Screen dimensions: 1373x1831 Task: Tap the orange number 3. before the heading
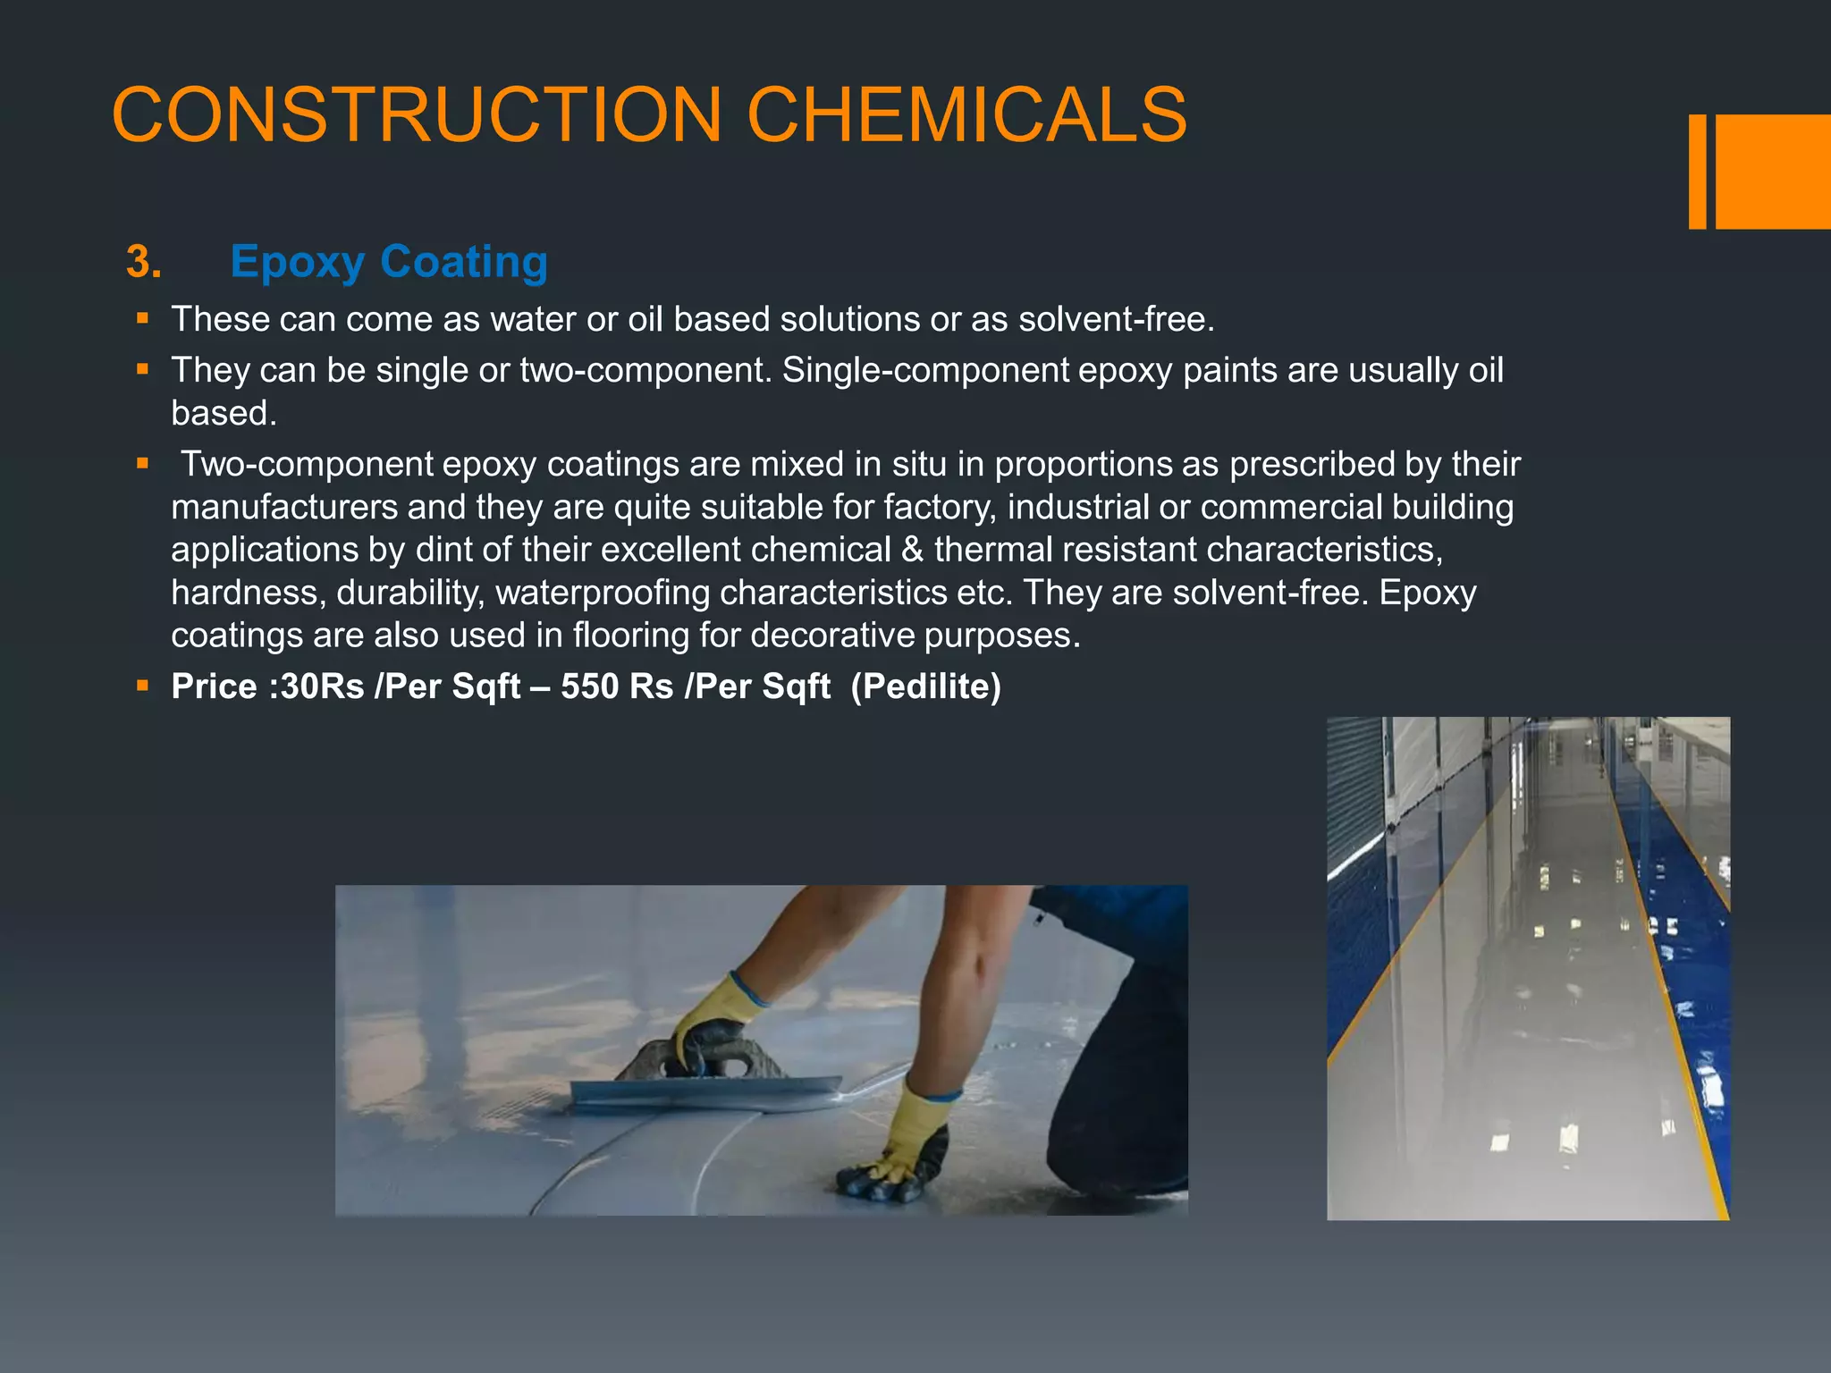[143, 262]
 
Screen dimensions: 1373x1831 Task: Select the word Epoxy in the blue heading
[298, 263]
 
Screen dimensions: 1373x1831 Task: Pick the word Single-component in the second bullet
[925, 370]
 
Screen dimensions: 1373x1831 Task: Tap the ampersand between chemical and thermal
[912, 549]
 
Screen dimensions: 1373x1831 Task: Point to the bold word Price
[214, 686]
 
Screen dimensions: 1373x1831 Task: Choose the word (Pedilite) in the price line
[925, 686]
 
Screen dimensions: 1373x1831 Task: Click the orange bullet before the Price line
[142, 686]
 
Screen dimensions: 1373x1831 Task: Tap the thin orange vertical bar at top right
[1697, 172]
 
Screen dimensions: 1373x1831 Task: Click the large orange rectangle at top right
[1773, 172]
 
